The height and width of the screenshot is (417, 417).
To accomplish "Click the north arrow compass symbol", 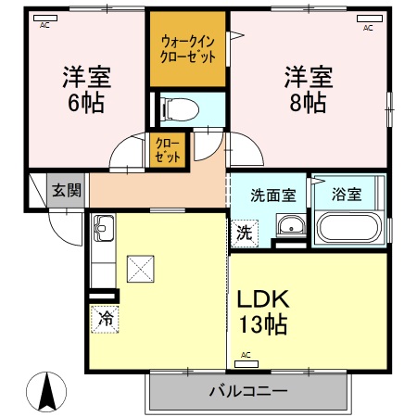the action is click(46, 392).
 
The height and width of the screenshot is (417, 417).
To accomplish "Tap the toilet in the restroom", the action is click(181, 109).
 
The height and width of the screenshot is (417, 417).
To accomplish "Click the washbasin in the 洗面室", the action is click(291, 225).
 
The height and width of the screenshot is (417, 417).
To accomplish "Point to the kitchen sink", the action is click(104, 228).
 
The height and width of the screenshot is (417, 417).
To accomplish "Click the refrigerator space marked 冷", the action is click(105, 319).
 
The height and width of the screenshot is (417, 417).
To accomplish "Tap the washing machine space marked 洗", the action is click(245, 234).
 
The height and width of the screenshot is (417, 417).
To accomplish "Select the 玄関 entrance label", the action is click(67, 190).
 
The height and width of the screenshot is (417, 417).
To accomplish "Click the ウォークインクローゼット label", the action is click(188, 49).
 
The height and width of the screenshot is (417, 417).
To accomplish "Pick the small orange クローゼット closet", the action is click(168, 150).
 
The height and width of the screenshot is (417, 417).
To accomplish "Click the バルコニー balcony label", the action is click(248, 391).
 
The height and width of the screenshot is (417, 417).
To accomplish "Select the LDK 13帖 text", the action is click(263, 311).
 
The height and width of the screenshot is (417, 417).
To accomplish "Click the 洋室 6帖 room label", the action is click(86, 89).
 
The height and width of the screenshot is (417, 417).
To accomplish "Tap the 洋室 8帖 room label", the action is click(309, 89).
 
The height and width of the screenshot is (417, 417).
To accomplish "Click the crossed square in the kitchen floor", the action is click(141, 269).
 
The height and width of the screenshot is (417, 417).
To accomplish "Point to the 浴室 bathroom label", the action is click(347, 195).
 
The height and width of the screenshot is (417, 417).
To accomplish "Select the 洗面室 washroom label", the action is click(273, 196).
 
